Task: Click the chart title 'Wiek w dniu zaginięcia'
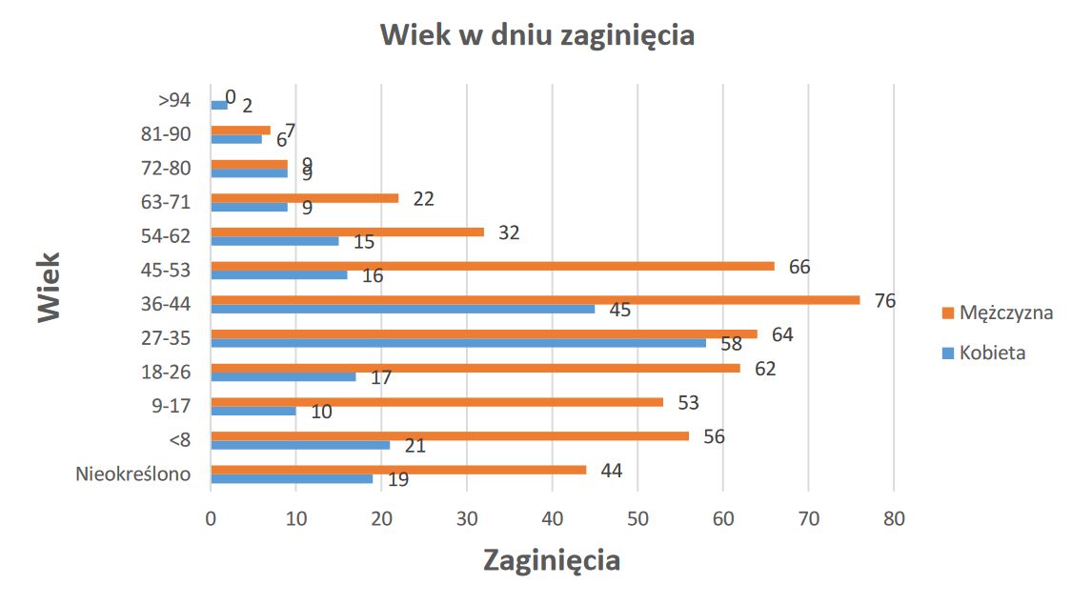pyautogui.click(x=536, y=35)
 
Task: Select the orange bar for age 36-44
pyautogui.click(x=534, y=299)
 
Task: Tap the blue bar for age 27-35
pyautogui.click(x=457, y=342)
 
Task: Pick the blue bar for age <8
pyautogui.click(x=300, y=444)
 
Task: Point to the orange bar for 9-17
pyautogui.click(x=436, y=401)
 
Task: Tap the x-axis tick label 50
pyautogui.click(x=637, y=519)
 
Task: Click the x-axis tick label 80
pyautogui.click(x=894, y=519)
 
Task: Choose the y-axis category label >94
pyautogui.click(x=174, y=99)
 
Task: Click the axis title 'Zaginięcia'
pyautogui.click(x=551, y=559)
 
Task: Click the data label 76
pyautogui.click(x=884, y=301)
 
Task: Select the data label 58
pyautogui.click(x=731, y=344)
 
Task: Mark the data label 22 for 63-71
pyautogui.click(x=424, y=198)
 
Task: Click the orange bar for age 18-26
pyautogui.click(x=475, y=368)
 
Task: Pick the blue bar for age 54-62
pyautogui.click(x=274, y=240)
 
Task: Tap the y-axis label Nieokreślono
pyautogui.click(x=133, y=474)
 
